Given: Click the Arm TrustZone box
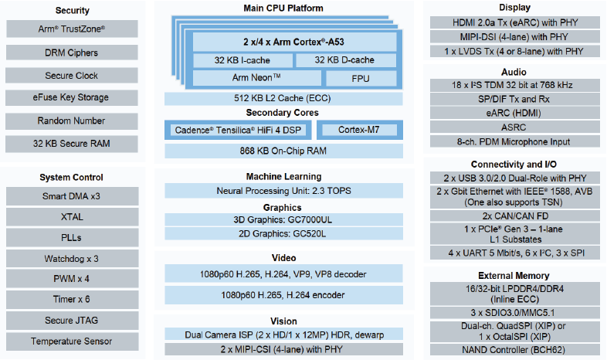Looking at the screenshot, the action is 72,29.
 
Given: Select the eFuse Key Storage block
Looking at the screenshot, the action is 72,97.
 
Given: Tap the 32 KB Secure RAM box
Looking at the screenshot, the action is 72,144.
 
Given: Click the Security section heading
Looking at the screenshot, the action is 73,11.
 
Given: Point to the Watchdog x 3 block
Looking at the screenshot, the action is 72,259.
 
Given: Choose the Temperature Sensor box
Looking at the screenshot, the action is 72,341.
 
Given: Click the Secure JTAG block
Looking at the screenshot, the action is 72,321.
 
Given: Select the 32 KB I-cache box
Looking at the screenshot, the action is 242,60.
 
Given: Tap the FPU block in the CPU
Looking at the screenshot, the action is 361,79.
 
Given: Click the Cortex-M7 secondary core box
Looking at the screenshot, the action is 360,130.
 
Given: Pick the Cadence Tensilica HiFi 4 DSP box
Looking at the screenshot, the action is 238,130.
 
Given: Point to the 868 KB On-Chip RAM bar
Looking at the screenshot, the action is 283,151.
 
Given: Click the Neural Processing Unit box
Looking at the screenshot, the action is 283,191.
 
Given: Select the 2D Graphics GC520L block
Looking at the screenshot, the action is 283,234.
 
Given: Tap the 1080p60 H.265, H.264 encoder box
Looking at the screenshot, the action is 283,295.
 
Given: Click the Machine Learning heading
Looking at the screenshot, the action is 283,176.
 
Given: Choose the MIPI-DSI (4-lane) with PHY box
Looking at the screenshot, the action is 514,37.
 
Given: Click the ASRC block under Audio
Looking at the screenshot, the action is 514,127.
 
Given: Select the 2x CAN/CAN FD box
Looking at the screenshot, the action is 514,216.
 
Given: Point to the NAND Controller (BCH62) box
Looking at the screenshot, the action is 514,350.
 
